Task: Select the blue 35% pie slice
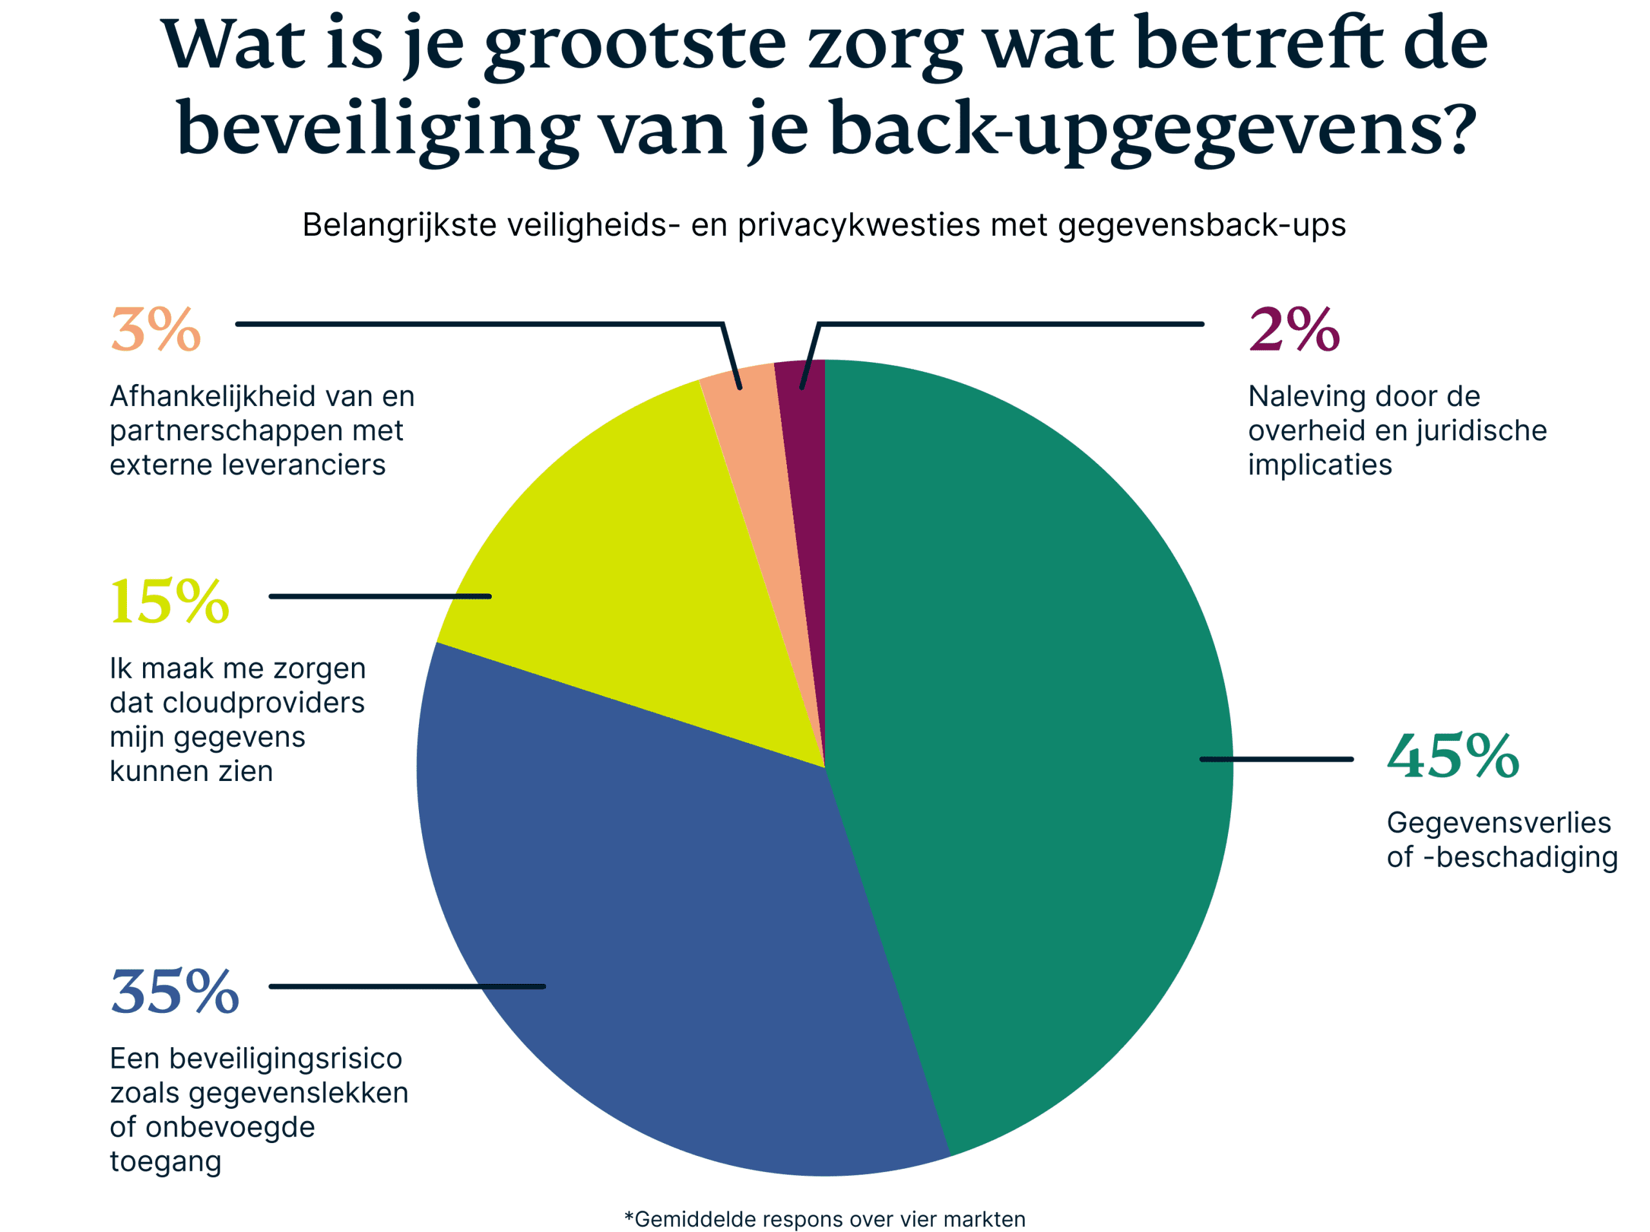(x=672, y=932)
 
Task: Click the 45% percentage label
(x=1452, y=757)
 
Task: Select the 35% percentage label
(x=175, y=992)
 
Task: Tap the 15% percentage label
(x=170, y=602)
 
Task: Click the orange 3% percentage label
(x=156, y=330)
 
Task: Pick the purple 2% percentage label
(x=1294, y=330)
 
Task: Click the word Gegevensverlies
(x=1499, y=823)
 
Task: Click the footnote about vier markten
(x=824, y=1219)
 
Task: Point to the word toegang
(x=166, y=1162)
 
